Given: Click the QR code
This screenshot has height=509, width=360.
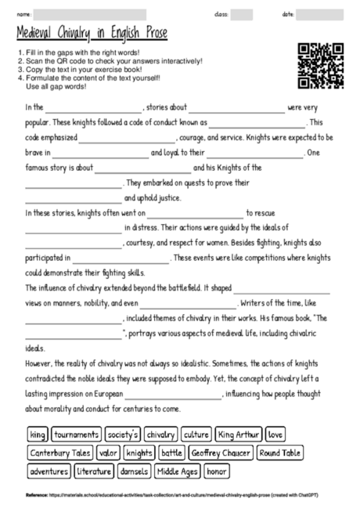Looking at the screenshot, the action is pos(321,65).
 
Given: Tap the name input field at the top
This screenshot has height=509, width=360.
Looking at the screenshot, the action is pos(90,14).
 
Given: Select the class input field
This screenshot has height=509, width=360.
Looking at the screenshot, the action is pos(241,14).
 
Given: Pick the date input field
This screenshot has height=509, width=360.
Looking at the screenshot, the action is pos(319,14).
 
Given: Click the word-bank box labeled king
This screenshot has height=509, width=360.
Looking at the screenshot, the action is pos(37,434).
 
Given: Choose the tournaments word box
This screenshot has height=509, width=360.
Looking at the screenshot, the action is pos(76,434).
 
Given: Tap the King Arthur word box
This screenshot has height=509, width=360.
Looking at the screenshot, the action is pos(237,434).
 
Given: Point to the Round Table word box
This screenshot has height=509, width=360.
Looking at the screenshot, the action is pos(279,453).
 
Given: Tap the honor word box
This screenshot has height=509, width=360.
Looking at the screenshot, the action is pos(217,471).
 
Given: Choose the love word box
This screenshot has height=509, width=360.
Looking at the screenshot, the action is pos(275,434).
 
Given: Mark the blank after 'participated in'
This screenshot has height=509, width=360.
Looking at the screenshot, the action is pos(121,258).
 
